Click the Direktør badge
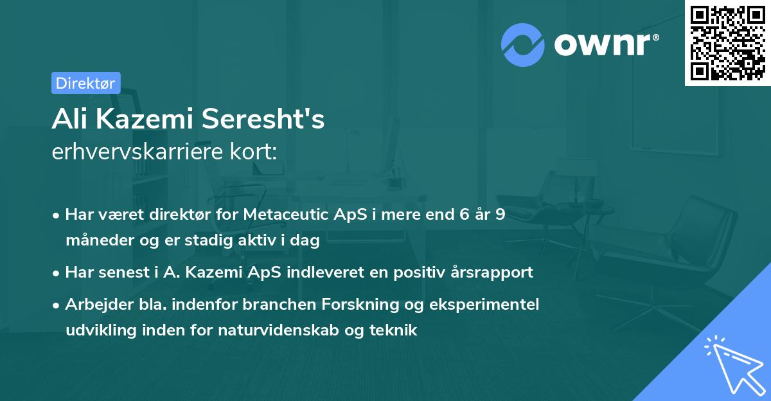[x=85, y=83]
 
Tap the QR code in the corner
[x=727, y=43]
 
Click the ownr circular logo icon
[x=522, y=45]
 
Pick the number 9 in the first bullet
[x=499, y=215]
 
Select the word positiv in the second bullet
[x=416, y=272]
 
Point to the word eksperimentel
[x=483, y=304]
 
